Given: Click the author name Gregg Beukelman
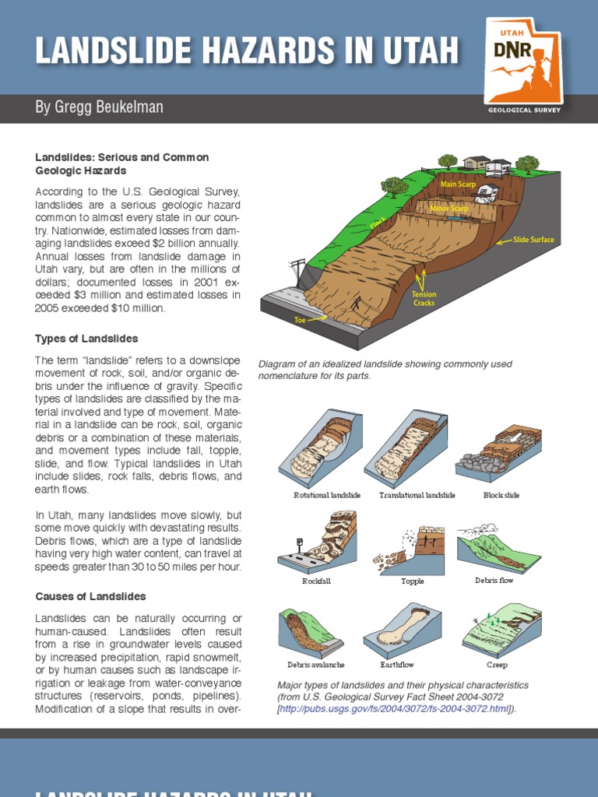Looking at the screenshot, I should pos(99,107).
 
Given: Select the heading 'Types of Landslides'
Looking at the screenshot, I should pos(86,339).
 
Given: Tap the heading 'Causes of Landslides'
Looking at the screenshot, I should pos(90,596).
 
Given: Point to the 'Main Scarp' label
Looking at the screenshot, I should pos(459,184).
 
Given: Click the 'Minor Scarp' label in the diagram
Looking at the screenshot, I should pos(448,209).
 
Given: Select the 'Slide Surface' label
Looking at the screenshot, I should pos(533,240).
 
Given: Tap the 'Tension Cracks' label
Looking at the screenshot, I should pos(424,299).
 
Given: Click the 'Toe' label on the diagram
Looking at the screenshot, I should pos(301,320).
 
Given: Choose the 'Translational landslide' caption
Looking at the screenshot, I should pos(417,495).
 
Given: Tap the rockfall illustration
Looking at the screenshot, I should pos(317,541).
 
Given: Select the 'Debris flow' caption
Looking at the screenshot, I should pos(494,581).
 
